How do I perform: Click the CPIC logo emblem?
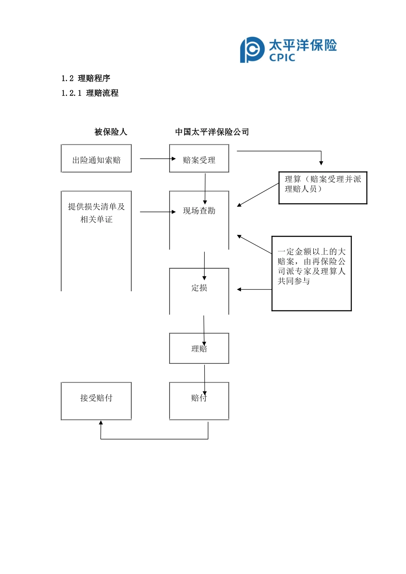(x=252, y=50)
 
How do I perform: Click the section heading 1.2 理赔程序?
(x=86, y=78)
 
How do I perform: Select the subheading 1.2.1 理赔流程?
(x=90, y=93)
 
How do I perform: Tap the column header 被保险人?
(x=111, y=132)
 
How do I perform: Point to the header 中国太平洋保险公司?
(x=212, y=132)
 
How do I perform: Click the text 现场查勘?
(x=199, y=211)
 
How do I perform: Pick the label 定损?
(x=199, y=288)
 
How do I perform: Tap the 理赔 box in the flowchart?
(x=199, y=348)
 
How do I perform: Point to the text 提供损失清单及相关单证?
(x=96, y=213)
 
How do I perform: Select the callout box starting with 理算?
(x=323, y=188)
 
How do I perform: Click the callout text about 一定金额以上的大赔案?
(x=311, y=266)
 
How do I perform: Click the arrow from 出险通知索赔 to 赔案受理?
(x=157, y=159)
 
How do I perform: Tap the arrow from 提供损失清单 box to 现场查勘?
(x=157, y=212)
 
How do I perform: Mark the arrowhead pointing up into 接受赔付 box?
(x=101, y=423)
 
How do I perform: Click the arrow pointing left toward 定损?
(x=254, y=290)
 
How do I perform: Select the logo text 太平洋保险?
(x=303, y=45)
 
